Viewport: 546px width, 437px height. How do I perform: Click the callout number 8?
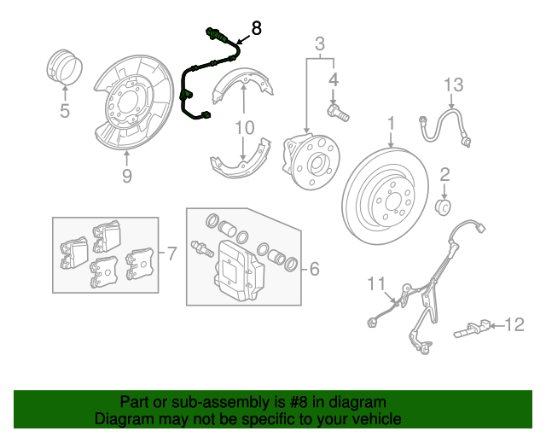pyautogui.click(x=255, y=27)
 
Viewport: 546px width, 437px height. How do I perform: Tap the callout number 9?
pyautogui.click(x=126, y=176)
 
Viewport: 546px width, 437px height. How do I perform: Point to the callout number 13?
pyautogui.click(x=452, y=84)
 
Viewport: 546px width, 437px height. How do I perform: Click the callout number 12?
pyautogui.click(x=514, y=323)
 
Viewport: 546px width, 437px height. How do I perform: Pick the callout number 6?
pyautogui.click(x=313, y=270)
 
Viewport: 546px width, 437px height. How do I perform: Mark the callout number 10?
pyautogui.click(x=244, y=128)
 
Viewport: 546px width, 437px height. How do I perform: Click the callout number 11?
pyautogui.click(x=376, y=283)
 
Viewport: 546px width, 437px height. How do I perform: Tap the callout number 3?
pyautogui.click(x=320, y=44)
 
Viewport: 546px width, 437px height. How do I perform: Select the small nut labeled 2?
pyautogui.click(x=444, y=205)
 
